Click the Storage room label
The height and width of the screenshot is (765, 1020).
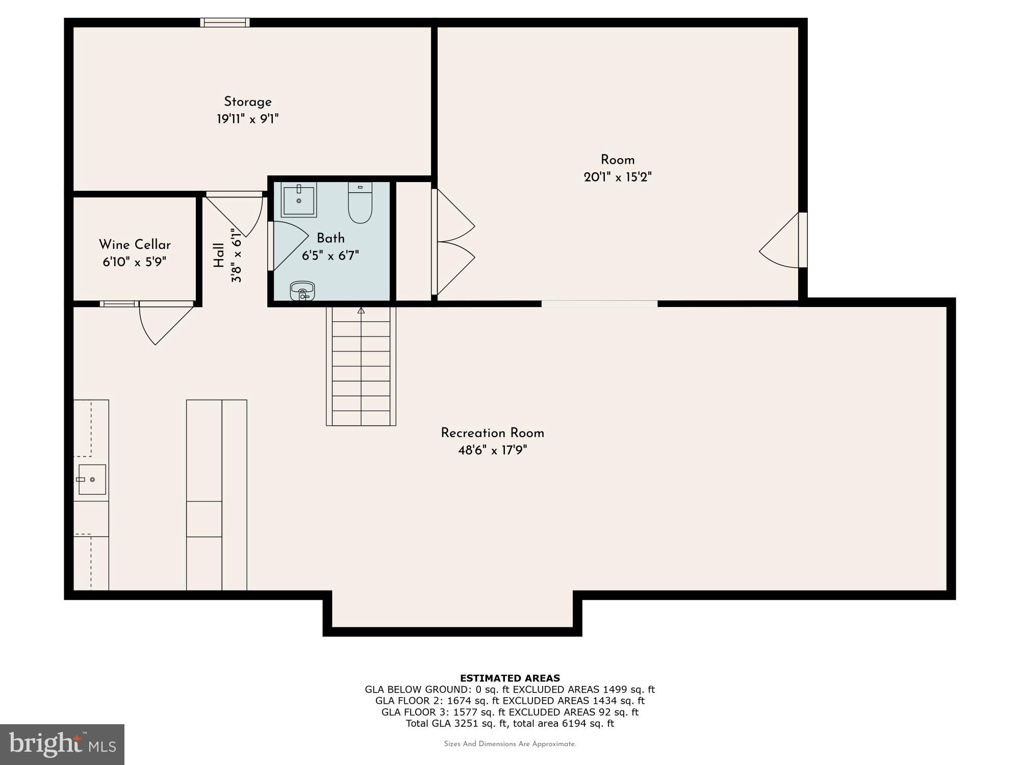[247, 101]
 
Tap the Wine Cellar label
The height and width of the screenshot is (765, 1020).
[135, 244]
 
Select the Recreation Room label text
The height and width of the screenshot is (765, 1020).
[492, 433]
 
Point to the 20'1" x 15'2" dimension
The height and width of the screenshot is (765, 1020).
[618, 177]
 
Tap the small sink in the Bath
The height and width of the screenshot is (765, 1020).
[302, 291]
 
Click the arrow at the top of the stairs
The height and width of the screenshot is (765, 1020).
[361, 310]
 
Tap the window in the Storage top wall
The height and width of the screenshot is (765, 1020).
[224, 22]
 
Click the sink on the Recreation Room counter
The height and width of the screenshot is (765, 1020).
[92, 479]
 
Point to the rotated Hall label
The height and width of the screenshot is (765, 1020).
[219, 255]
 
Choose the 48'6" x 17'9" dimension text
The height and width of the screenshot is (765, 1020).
[492, 450]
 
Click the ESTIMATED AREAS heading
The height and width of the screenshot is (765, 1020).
[510, 678]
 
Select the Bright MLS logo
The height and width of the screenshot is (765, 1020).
[62, 744]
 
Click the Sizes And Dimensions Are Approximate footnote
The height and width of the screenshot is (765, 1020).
[510, 744]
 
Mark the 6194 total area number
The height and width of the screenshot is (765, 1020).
[575, 723]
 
